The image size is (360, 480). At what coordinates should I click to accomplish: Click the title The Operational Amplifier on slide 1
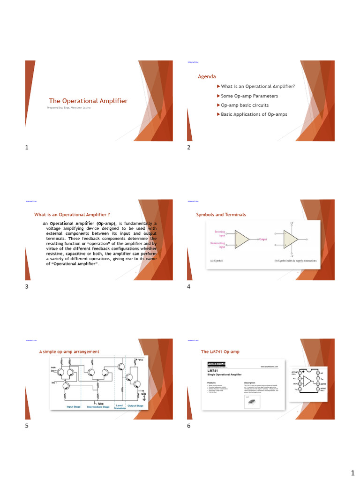coord(88,101)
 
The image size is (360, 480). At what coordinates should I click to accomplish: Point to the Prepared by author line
coord(69,108)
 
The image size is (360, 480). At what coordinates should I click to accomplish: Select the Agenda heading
coord(207,76)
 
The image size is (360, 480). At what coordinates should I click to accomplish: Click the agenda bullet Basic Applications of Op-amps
coord(254,114)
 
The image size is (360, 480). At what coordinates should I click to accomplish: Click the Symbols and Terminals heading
coord(221,215)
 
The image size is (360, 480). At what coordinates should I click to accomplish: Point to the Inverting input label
coord(220,233)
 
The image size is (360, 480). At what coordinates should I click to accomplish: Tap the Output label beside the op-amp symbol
coord(263,239)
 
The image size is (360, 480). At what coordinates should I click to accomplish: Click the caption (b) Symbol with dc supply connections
coord(295,261)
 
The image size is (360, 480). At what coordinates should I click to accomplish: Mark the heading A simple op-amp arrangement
coord(69,352)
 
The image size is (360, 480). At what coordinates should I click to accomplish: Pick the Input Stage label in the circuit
coord(74,406)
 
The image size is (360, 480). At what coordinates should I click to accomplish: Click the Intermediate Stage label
coord(98,407)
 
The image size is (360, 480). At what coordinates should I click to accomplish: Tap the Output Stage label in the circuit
coord(136,406)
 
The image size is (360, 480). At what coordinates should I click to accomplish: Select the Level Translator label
coord(120,407)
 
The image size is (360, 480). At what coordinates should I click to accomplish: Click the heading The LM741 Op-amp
coord(220,352)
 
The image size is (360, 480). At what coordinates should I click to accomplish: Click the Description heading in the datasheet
coord(250,382)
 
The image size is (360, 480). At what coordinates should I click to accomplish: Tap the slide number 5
coord(27,426)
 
